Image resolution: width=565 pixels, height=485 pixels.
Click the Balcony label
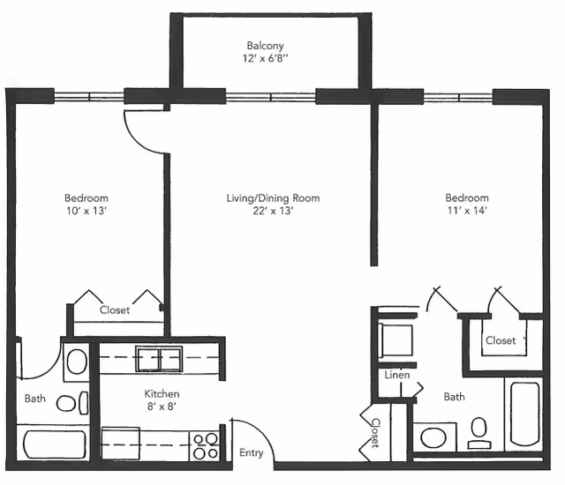[265, 46]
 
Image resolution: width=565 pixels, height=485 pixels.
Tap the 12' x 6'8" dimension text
[265, 58]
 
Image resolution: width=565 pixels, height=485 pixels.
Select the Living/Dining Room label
[273, 198]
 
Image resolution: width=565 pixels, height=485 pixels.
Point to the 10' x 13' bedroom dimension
[87, 211]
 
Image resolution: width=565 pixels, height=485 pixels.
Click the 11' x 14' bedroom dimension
[467, 210]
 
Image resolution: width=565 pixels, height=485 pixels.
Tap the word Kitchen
[162, 393]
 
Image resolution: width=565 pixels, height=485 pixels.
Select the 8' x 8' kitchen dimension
[162, 407]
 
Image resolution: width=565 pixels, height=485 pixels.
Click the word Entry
[251, 452]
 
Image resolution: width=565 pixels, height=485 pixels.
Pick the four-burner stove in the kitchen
[205, 445]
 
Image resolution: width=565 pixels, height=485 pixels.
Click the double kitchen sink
[159, 359]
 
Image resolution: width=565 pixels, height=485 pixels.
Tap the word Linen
[397, 375]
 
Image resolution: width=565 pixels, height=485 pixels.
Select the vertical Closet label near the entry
[375, 433]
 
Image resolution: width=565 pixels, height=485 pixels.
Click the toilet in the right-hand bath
[479, 433]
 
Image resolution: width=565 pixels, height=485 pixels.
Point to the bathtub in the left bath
[55, 444]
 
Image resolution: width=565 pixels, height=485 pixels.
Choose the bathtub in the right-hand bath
[524, 414]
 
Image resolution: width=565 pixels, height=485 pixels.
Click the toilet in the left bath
[72, 403]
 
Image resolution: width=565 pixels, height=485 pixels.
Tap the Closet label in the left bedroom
[115, 310]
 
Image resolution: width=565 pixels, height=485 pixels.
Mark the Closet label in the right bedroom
[501, 340]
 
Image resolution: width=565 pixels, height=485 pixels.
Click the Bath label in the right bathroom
[454, 397]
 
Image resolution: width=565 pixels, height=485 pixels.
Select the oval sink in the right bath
[433, 437]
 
